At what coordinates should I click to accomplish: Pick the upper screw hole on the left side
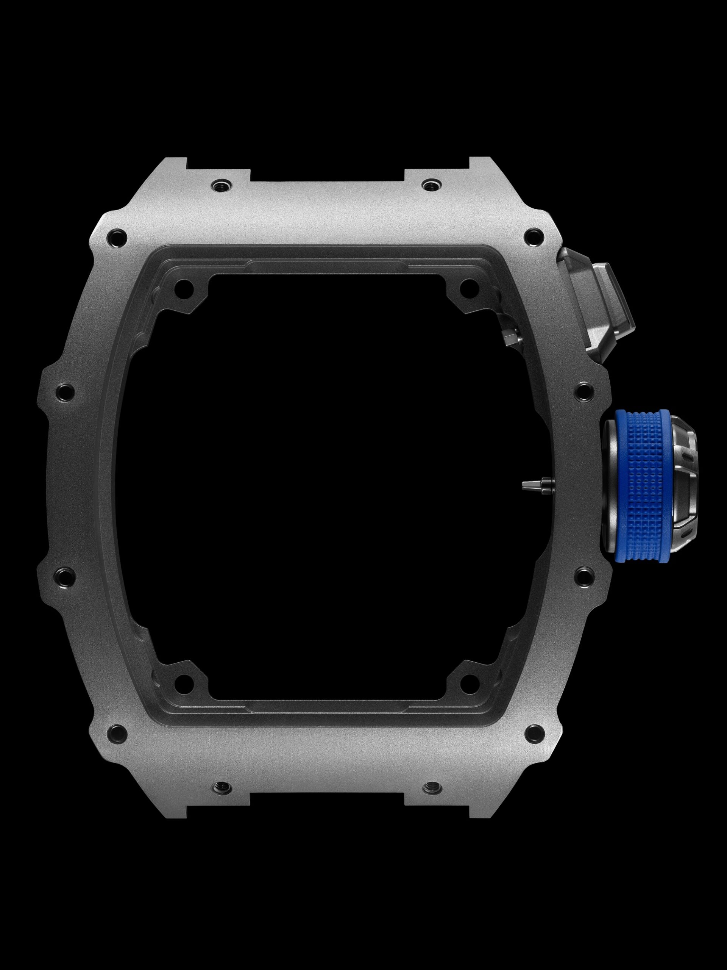pos(64,391)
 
